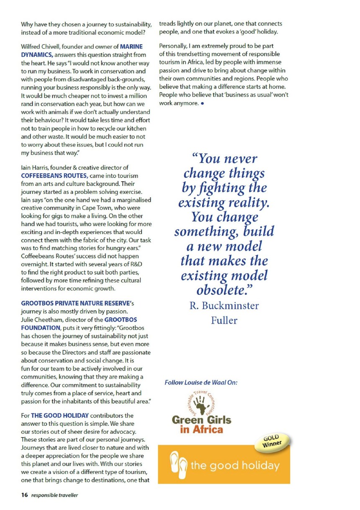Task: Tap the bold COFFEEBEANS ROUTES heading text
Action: pyautogui.click(x=54, y=176)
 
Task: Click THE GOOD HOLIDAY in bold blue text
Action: pyautogui.click(x=60, y=416)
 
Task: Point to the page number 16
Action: pyautogui.click(x=25, y=495)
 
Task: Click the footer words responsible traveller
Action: pyautogui.click(x=54, y=495)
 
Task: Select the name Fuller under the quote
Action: pyautogui.click(x=224, y=321)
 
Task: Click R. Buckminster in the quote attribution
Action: pyautogui.click(x=224, y=306)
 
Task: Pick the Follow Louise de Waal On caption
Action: pyautogui.click(x=201, y=382)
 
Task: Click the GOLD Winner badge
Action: pyautogui.click(x=273, y=441)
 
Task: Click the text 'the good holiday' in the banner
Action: pyautogui.click(x=234, y=465)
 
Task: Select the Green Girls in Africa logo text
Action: pyautogui.click(x=201, y=424)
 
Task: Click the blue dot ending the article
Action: pyautogui.click(x=202, y=103)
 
